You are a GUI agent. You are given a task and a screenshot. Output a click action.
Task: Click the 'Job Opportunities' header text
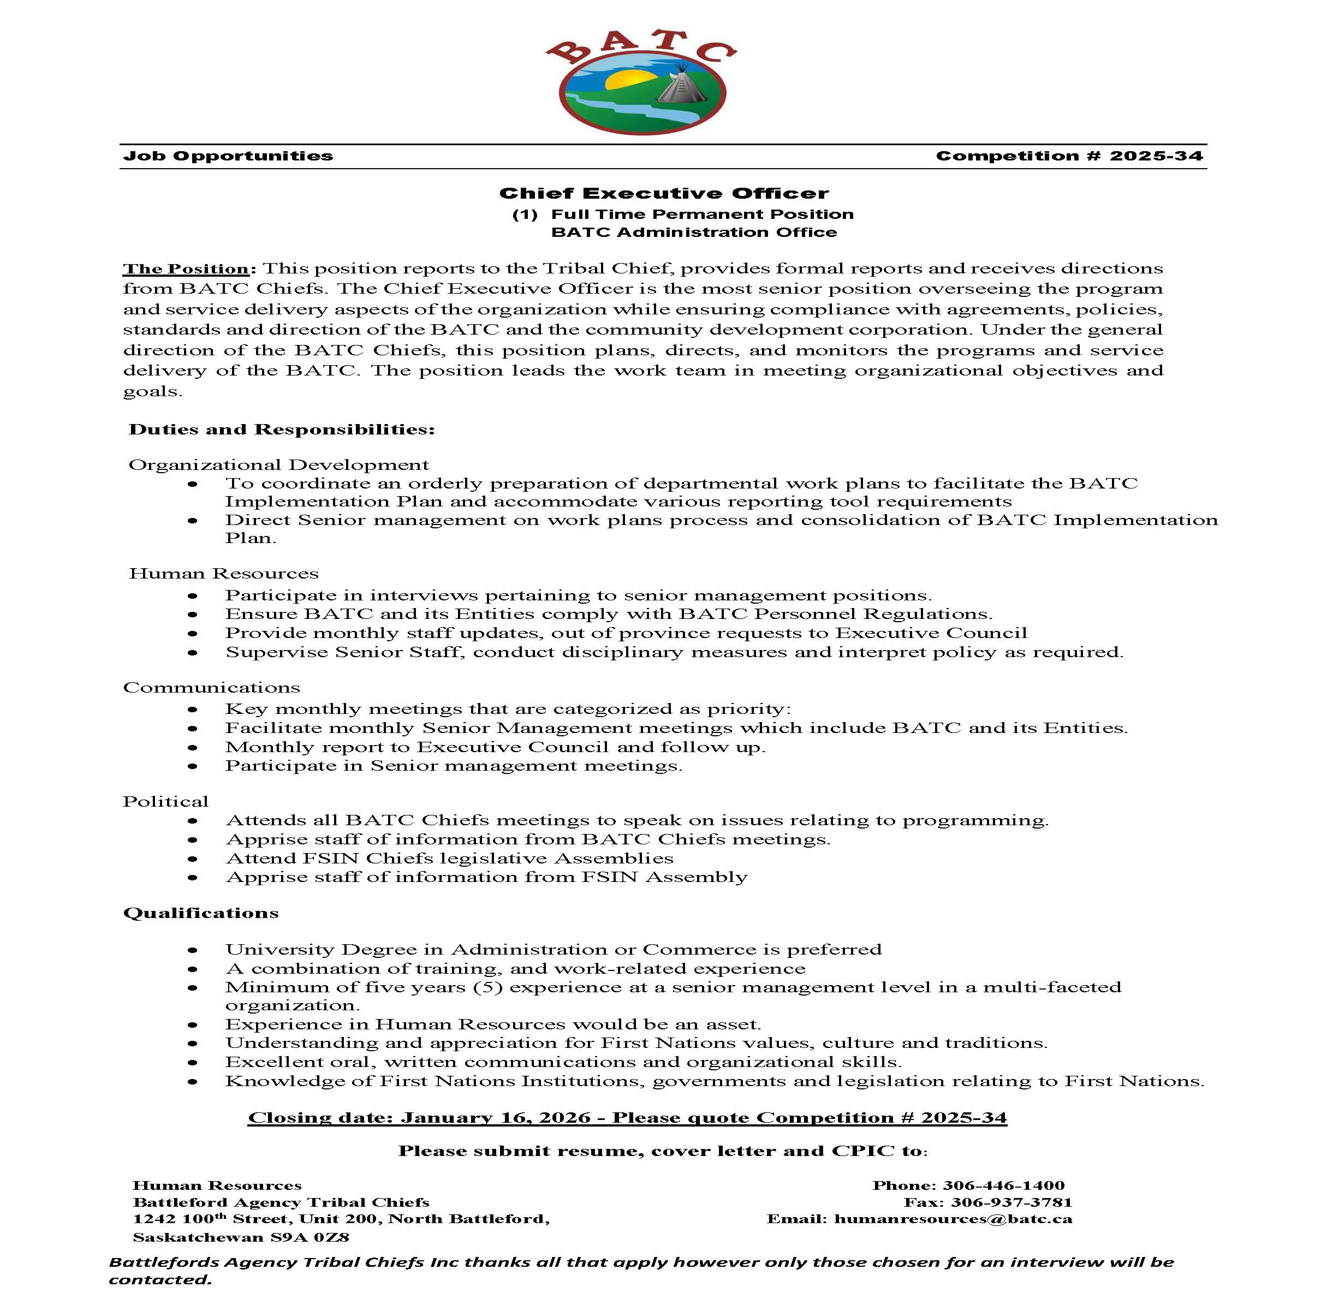coord(228,156)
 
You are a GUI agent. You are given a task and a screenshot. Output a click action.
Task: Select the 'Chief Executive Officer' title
coord(664,194)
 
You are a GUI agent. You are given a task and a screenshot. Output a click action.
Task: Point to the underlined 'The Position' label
coord(186,269)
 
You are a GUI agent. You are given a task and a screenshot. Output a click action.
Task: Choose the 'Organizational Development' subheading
coord(279,465)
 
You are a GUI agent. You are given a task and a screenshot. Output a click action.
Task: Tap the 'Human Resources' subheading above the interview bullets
coord(224,574)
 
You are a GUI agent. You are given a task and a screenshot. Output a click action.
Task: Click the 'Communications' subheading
coord(211,688)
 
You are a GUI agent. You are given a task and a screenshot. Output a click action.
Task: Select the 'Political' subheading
coord(166,802)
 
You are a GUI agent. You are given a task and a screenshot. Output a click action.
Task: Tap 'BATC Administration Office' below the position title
coord(694,233)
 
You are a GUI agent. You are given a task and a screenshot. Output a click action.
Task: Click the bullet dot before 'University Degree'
coord(193,950)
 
